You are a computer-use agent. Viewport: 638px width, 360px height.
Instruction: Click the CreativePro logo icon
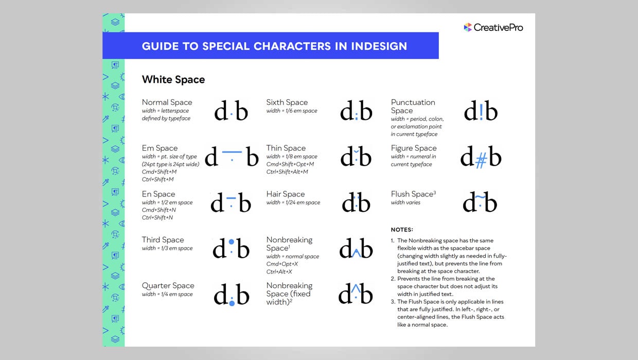(x=468, y=27)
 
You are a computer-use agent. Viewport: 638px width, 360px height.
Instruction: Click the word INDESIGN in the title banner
(x=379, y=46)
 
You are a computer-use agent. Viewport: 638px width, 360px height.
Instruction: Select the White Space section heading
(x=173, y=80)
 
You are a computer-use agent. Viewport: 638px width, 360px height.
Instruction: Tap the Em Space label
(x=159, y=148)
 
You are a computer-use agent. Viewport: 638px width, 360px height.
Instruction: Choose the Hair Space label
(x=286, y=194)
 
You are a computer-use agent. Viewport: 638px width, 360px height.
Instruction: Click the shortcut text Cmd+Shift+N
(x=159, y=210)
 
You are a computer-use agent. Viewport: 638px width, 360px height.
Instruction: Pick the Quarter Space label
(x=168, y=285)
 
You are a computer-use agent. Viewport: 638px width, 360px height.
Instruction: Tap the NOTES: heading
(x=402, y=230)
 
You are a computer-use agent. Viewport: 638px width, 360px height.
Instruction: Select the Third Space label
(x=163, y=240)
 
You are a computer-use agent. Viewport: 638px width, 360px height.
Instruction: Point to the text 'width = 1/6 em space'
(x=292, y=111)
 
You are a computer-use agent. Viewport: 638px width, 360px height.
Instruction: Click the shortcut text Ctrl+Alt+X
(x=279, y=272)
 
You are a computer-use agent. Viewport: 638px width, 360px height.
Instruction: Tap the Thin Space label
(x=286, y=148)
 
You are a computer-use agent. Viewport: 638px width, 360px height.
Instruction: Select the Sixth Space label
(x=287, y=102)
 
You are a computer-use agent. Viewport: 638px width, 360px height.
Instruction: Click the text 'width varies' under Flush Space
(x=405, y=203)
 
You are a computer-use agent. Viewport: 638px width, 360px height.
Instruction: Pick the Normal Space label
(x=167, y=102)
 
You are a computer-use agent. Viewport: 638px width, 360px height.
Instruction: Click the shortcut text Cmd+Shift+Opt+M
(x=290, y=164)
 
